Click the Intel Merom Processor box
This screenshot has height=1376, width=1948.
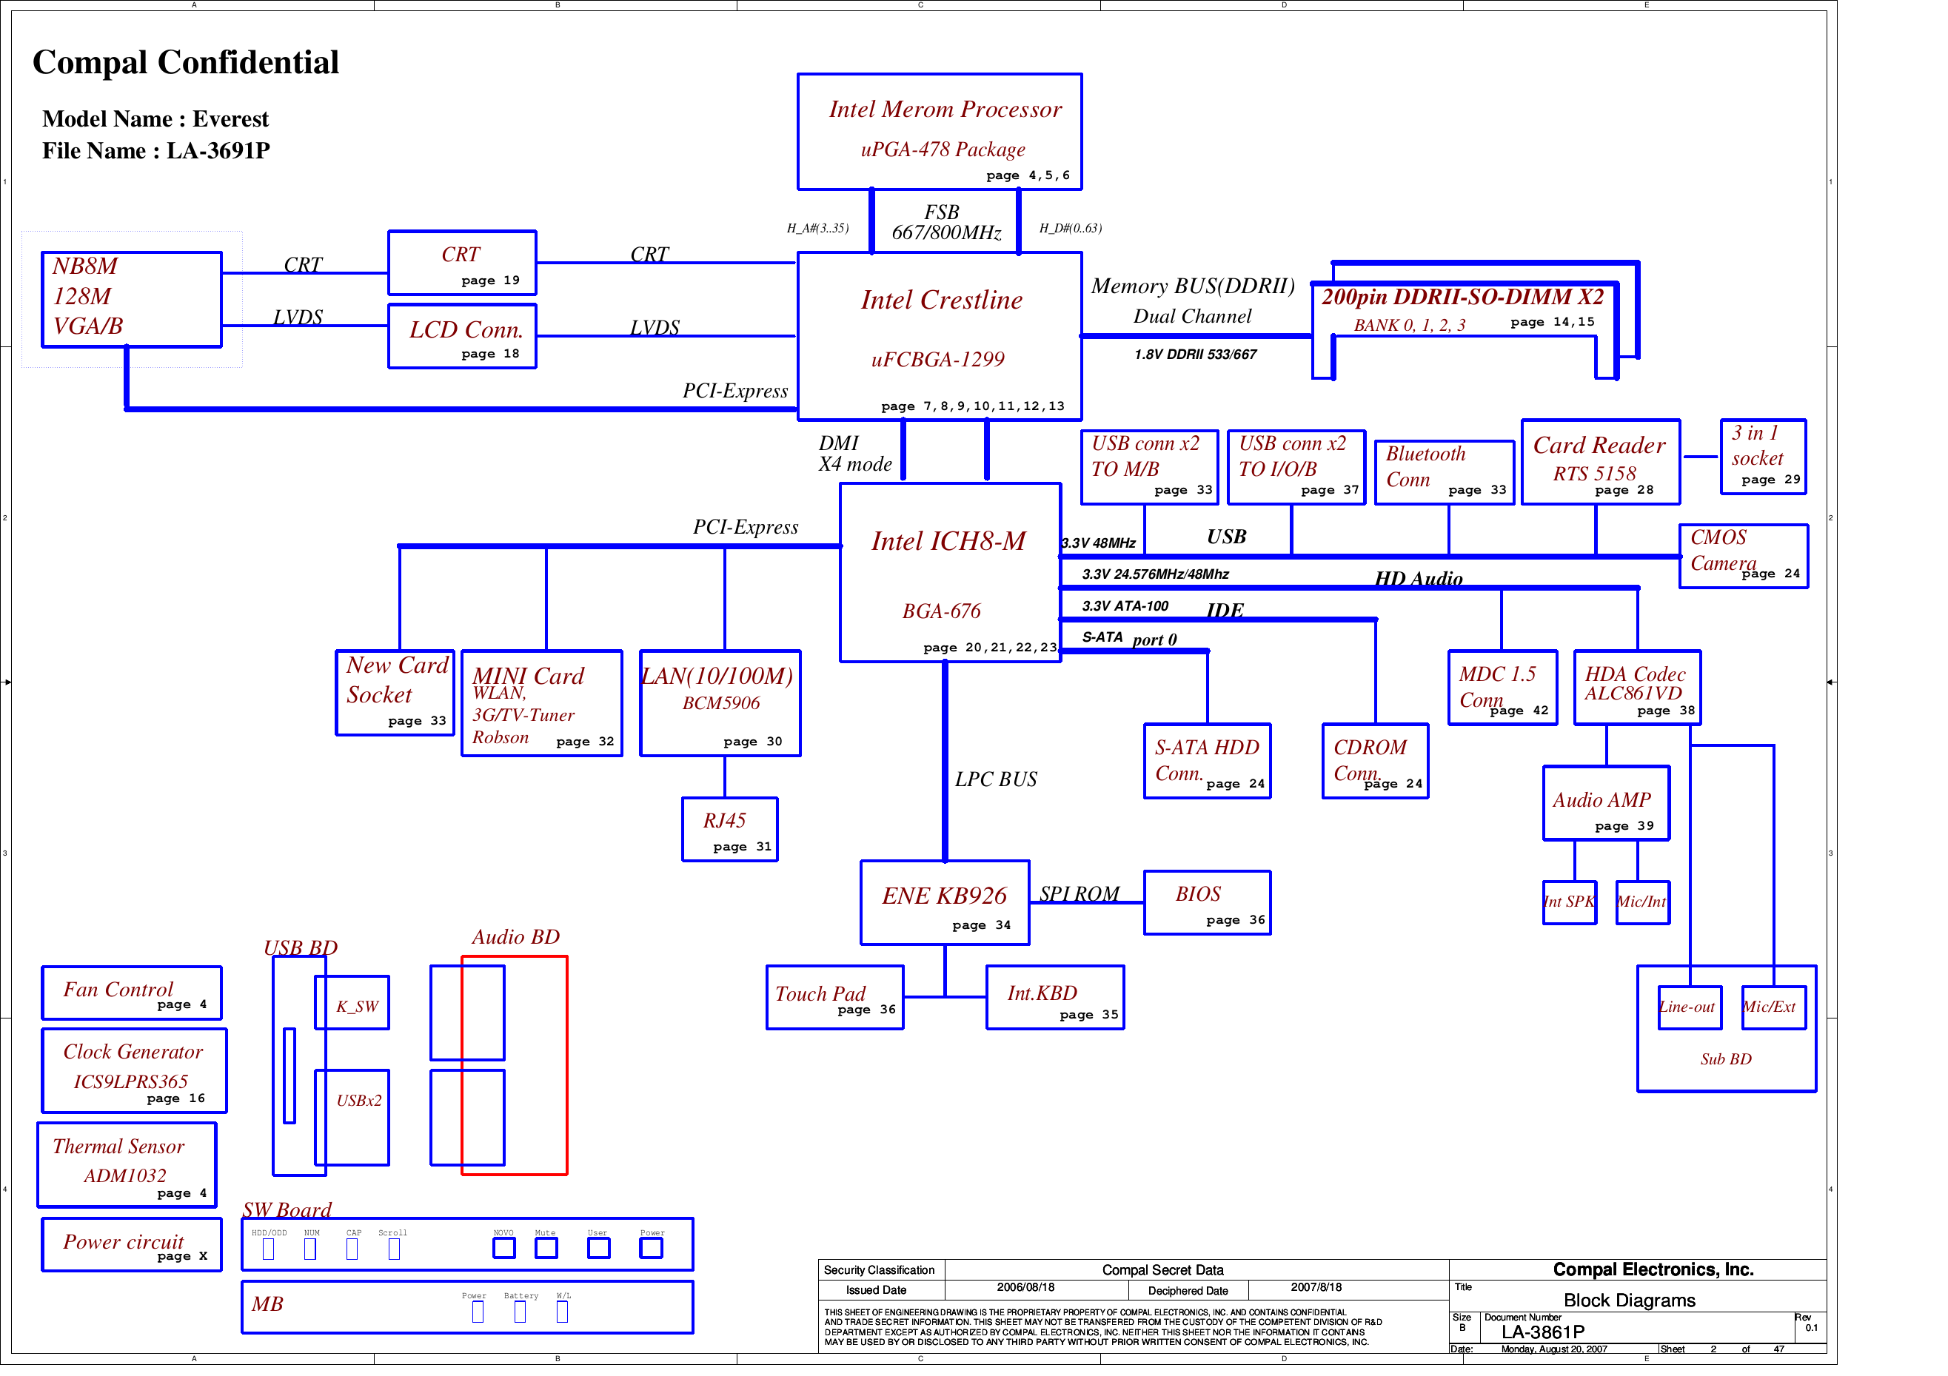[940, 132]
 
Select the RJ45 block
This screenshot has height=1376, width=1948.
[729, 829]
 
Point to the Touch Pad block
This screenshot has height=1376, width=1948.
[834, 998]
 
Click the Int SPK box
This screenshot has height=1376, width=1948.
[1570, 902]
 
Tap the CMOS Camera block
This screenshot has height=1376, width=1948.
[1743, 556]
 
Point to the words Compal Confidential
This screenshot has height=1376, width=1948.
[185, 62]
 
